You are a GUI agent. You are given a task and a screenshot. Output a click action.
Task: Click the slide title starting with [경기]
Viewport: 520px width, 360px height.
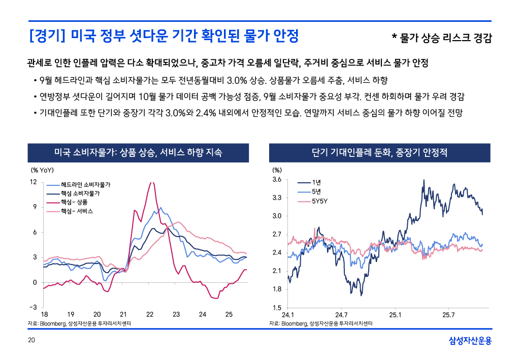coord(164,37)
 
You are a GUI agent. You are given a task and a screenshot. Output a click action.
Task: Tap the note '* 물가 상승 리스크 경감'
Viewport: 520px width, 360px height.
coord(441,38)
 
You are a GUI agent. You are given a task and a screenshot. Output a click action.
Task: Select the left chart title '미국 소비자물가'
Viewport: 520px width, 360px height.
coord(138,152)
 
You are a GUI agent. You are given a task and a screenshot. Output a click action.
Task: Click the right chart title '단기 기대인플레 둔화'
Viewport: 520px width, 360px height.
coord(380,152)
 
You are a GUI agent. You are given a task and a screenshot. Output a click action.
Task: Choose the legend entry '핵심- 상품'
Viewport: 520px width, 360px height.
coord(74,202)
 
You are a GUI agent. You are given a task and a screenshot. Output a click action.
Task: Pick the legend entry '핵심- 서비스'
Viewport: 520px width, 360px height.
coord(77,211)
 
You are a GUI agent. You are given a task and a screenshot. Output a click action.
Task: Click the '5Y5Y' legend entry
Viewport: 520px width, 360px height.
coord(319,201)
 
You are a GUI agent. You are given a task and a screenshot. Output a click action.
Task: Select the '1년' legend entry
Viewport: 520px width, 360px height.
coord(316,182)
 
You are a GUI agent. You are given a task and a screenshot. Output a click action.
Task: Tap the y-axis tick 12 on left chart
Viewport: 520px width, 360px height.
coord(33,182)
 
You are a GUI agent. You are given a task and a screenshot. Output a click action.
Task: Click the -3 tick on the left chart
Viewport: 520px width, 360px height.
coord(33,307)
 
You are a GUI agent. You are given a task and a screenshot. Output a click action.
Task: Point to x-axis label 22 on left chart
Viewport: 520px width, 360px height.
coord(150,315)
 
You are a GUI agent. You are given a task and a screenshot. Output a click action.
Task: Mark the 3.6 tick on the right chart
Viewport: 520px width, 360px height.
coord(277,180)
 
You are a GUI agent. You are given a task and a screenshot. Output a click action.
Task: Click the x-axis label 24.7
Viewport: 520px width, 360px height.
coord(341,315)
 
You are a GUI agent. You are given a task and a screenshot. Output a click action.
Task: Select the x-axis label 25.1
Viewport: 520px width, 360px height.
coord(395,315)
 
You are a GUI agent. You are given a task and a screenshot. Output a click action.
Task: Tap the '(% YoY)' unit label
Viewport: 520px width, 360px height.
coord(43,170)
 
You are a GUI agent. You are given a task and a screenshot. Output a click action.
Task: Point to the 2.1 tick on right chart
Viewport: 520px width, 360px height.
coord(277,271)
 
